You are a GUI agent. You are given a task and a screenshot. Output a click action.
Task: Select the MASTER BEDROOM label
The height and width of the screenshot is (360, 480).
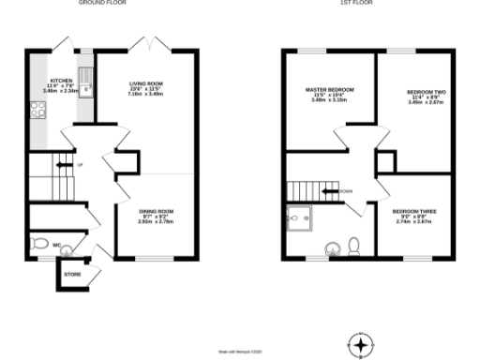[326, 93]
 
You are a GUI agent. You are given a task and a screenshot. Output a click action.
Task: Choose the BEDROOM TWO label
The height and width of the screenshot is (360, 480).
[421, 93]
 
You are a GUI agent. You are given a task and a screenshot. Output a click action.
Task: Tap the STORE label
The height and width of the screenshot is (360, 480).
[72, 275]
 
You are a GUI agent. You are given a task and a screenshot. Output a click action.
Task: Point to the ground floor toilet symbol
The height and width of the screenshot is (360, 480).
[40, 243]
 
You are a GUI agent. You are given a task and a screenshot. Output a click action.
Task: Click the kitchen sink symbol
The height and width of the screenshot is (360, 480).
[86, 82]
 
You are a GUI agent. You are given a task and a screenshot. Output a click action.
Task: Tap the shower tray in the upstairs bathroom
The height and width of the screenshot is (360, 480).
[301, 216]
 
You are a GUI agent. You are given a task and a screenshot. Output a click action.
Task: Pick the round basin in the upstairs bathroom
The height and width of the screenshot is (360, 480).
[332, 247]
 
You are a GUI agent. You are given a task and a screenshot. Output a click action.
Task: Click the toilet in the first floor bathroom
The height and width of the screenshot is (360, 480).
[353, 246]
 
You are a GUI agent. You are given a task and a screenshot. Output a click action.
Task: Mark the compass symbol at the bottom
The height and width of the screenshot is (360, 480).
[356, 343]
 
